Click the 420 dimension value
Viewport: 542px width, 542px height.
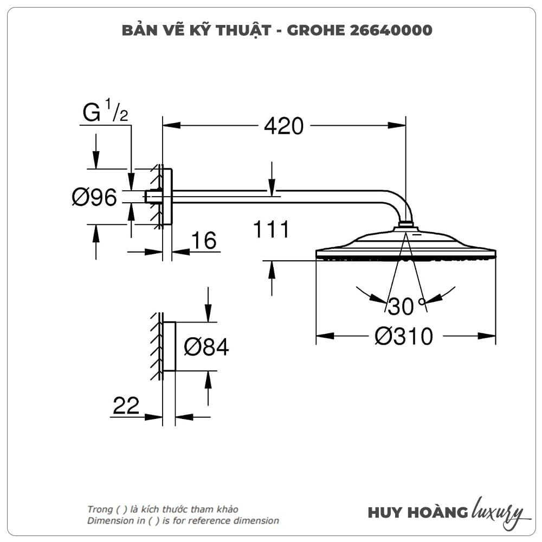tap(284, 126)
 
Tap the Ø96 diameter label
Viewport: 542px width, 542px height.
tap(94, 197)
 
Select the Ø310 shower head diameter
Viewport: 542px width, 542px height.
tap(404, 336)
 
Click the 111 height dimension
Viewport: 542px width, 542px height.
tap(271, 229)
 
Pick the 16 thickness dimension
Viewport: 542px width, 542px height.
tap(204, 240)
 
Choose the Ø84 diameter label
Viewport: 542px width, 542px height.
tap(207, 347)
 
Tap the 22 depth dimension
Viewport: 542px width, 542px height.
tap(126, 405)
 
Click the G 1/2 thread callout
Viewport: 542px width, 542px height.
tap(105, 111)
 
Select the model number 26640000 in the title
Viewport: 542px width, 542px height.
tap(391, 30)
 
